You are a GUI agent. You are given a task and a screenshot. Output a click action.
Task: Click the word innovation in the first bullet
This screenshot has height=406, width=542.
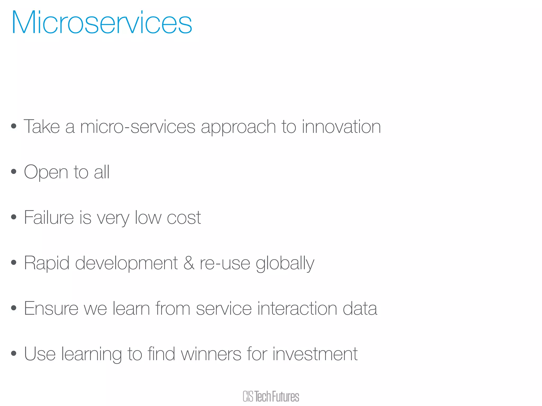[341, 127]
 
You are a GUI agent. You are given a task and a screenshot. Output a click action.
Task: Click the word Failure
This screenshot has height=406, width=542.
[49, 218]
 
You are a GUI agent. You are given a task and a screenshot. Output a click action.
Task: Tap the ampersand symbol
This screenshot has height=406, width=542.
[189, 263]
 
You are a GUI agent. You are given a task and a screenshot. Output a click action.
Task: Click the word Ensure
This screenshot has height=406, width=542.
[51, 308]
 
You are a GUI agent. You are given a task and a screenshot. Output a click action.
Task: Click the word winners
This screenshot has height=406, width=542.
[211, 354]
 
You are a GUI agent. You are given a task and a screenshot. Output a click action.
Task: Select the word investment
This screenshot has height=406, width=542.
[315, 354]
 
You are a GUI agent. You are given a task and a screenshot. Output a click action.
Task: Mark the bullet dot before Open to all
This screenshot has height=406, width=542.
[14, 172]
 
